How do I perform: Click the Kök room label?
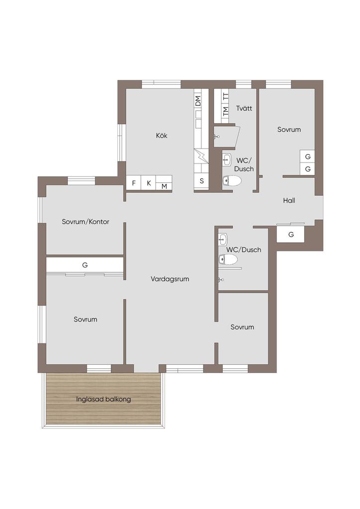(x=162, y=135)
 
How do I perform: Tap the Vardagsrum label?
(x=170, y=279)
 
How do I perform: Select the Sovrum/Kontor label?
(x=86, y=222)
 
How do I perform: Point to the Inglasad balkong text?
(x=103, y=399)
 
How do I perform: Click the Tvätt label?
(x=244, y=108)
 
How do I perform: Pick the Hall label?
(x=289, y=200)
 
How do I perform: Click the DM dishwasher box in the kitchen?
(x=198, y=100)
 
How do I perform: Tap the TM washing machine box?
(x=226, y=111)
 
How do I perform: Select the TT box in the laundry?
(x=226, y=96)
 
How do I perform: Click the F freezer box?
(x=133, y=183)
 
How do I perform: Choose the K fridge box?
(x=149, y=183)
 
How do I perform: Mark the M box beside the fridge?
(x=164, y=186)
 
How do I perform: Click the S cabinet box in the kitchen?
(x=201, y=181)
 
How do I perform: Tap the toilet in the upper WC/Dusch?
(x=232, y=180)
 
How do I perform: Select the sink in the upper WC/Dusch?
(x=227, y=160)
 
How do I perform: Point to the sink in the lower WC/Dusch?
(x=223, y=240)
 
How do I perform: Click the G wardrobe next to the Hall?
(x=290, y=235)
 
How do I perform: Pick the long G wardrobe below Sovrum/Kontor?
(x=85, y=265)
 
